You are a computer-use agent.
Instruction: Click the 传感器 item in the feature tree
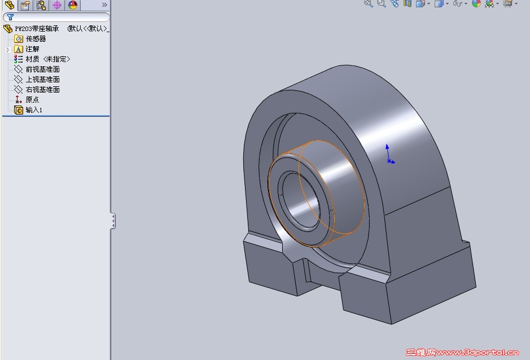tap(36, 39)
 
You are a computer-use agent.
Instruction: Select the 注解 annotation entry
tap(32, 49)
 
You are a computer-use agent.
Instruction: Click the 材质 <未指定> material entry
tap(47, 59)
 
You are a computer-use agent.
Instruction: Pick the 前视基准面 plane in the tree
tap(42, 69)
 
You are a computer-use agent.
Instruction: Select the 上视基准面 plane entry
tap(42, 80)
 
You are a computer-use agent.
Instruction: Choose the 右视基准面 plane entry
tap(42, 90)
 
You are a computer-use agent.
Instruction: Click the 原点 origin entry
tap(32, 100)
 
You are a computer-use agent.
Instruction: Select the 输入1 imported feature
tap(34, 110)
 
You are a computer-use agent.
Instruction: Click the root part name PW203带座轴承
tap(37, 29)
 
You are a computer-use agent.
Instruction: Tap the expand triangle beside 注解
tap(8, 50)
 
